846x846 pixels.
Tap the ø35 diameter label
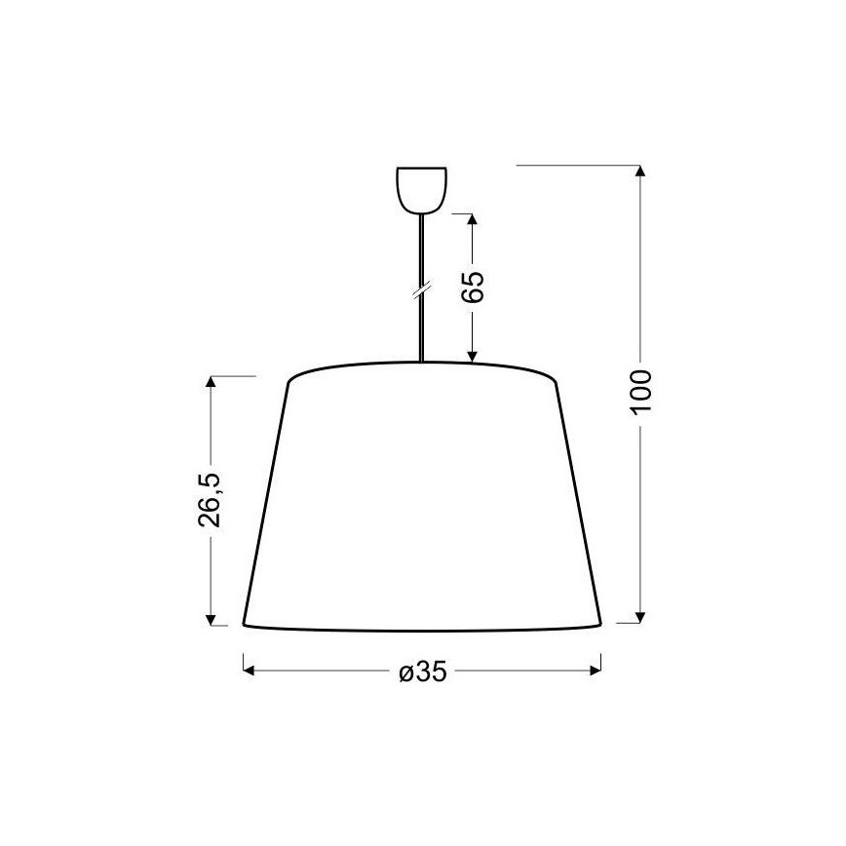tap(422, 672)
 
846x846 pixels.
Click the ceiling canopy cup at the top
tap(421, 190)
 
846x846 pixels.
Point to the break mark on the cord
tap(421, 289)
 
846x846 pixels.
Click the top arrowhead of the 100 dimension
tap(640, 173)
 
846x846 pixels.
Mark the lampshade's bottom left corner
tap(243, 625)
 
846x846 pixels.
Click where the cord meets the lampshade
tap(421, 364)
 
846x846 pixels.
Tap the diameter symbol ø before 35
tap(404, 673)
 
